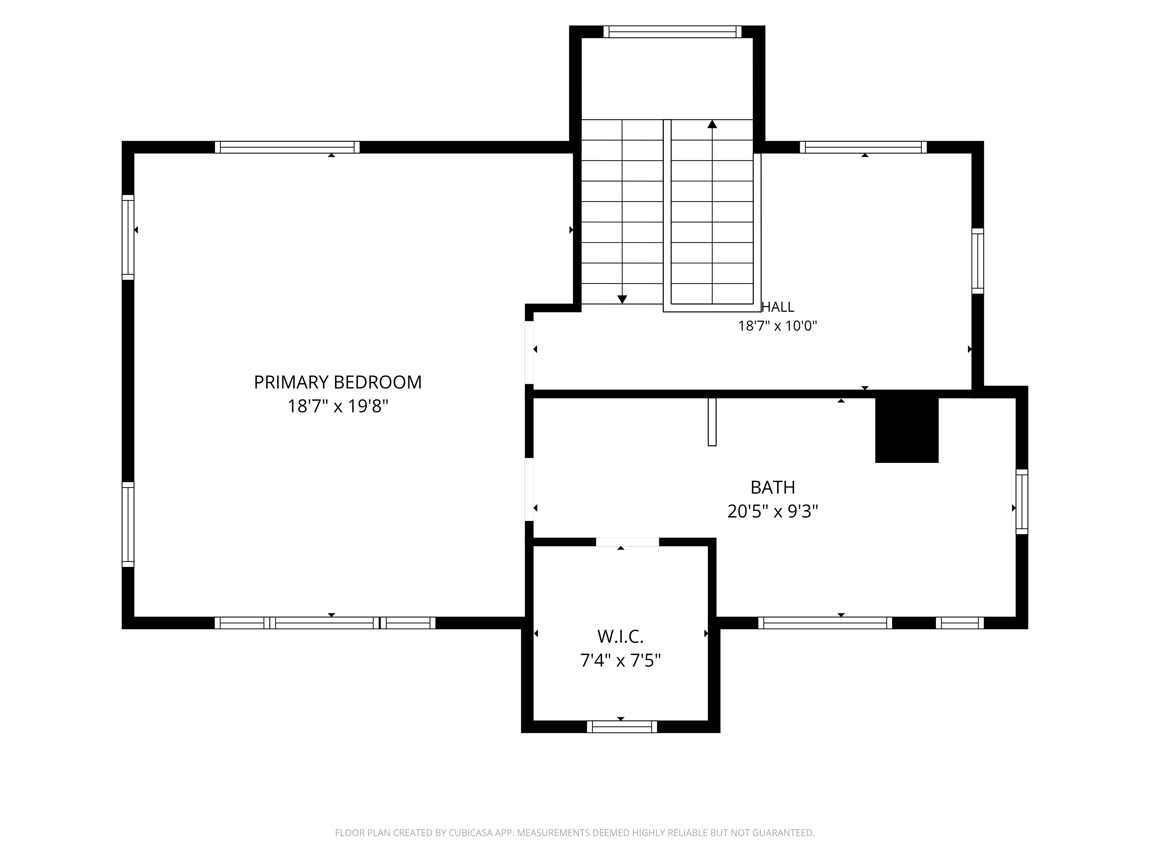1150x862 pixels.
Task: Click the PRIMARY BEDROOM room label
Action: pyautogui.click(x=338, y=382)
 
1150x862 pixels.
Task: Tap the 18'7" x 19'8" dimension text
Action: pyautogui.click(x=338, y=406)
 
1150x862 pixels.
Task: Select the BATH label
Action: pyautogui.click(x=773, y=487)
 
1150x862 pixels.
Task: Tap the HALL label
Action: pyautogui.click(x=778, y=307)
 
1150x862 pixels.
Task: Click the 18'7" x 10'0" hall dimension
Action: pyautogui.click(x=778, y=326)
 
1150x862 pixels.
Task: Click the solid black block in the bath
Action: pyautogui.click(x=907, y=430)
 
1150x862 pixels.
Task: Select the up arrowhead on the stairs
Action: pyautogui.click(x=712, y=124)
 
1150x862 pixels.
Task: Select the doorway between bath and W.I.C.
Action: pyautogui.click(x=628, y=542)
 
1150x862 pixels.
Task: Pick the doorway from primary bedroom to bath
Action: pyautogui.click(x=529, y=489)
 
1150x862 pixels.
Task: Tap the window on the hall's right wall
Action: pyautogui.click(x=978, y=261)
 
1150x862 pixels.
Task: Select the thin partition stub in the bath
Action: pyautogui.click(x=712, y=422)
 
